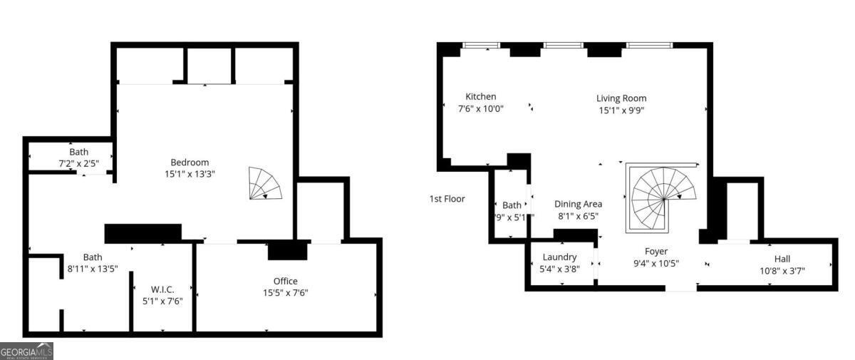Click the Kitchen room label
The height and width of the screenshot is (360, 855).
pyautogui.click(x=481, y=97)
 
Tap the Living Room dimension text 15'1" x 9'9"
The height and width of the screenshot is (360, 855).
pyautogui.click(x=621, y=110)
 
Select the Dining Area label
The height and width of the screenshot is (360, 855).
pyautogui.click(x=578, y=204)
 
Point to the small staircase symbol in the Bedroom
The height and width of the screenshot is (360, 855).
pyautogui.click(x=264, y=183)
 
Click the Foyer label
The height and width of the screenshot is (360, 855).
pyautogui.click(x=655, y=251)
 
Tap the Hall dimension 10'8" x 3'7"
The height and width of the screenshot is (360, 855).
pyautogui.click(x=782, y=271)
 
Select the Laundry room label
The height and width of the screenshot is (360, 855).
pyautogui.click(x=559, y=257)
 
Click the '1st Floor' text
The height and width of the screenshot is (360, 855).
pyautogui.click(x=447, y=199)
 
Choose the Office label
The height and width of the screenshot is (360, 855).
pyautogui.click(x=286, y=281)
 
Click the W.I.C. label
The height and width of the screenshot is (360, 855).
pyautogui.click(x=162, y=289)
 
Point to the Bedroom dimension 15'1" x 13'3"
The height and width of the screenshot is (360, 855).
pyautogui.click(x=190, y=173)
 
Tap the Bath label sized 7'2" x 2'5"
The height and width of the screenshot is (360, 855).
pyautogui.click(x=79, y=152)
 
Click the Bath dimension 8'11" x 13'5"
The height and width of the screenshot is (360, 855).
pyautogui.click(x=93, y=269)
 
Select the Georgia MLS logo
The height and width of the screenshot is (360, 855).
pyautogui.click(x=26, y=351)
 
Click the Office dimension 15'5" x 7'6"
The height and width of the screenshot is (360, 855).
pyautogui.click(x=286, y=292)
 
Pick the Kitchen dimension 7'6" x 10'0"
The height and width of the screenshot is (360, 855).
pyautogui.click(x=481, y=109)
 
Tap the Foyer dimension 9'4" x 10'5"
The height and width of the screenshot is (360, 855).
pyautogui.click(x=655, y=263)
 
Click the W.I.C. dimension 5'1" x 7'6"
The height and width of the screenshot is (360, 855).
pyautogui.click(x=162, y=301)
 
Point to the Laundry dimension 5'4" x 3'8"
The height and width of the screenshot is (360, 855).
pyautogui.click(x=559, y=269)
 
